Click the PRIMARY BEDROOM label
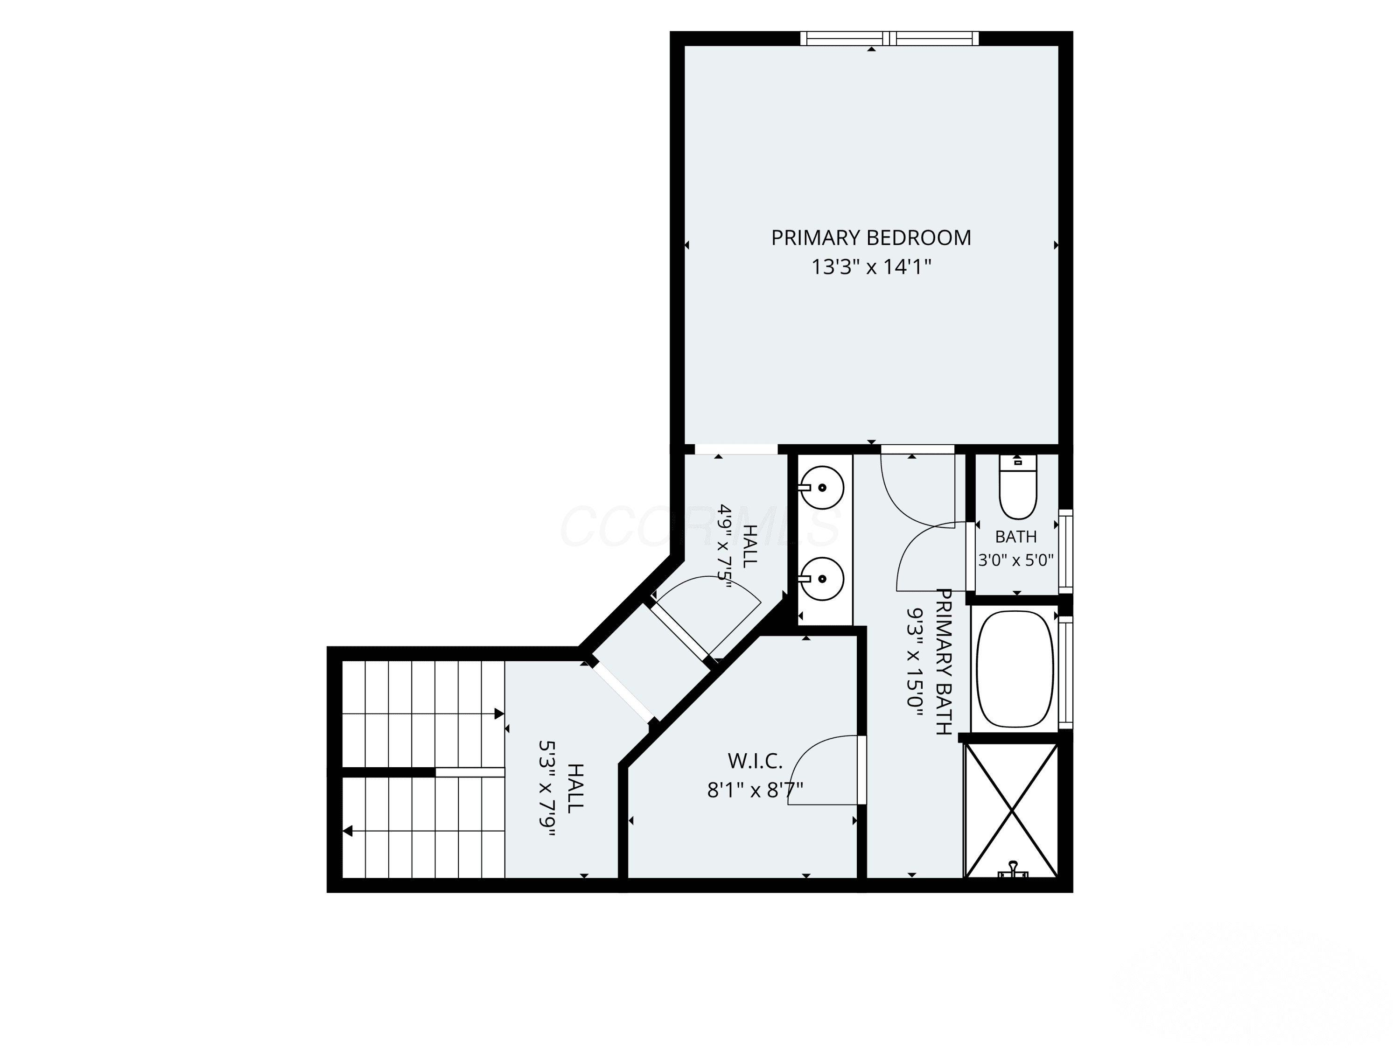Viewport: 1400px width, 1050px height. pos(871,238)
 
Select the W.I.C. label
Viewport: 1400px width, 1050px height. pos(755,760)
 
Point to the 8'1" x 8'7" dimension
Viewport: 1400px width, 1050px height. pos(755,790)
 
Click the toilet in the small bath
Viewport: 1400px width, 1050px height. pos(1018,487)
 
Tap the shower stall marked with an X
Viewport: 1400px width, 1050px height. pos(1011,811)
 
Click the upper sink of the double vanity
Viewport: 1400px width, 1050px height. pos(821,487)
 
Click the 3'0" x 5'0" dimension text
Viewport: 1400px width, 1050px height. pos(1016,560)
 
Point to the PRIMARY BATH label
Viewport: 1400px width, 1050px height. pos(944,661)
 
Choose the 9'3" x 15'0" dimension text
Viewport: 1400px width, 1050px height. pos(915,661)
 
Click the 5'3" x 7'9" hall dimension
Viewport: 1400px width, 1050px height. pos(546,789)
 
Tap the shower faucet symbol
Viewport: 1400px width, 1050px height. pos(1013,869)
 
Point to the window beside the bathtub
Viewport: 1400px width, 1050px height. pos(1066,672)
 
